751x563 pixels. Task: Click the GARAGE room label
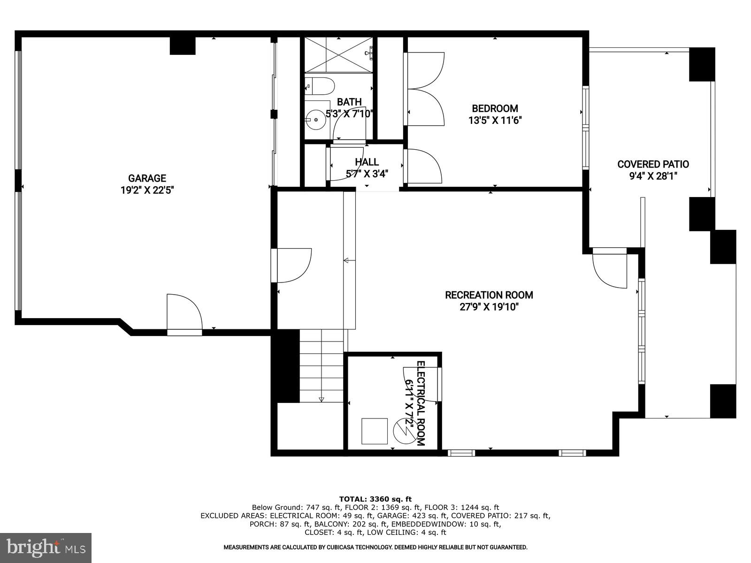click(x=147, y=178)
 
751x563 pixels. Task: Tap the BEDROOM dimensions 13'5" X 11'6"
click(x=495, y=121)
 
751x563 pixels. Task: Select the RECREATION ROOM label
click(x=489, y=295)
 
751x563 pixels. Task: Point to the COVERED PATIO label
click(x=652, y=164)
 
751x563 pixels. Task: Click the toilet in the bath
click(x=322, y=86)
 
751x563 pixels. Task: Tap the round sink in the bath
click(x=316, y=120)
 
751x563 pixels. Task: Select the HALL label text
click(x=367, y=162)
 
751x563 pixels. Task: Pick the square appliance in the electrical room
click(x=374, y=431)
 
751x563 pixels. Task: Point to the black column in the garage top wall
click(x=182, y=46)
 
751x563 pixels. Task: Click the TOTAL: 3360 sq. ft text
click(x=375, y=499)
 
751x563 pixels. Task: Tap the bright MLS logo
click(x=46, y=548)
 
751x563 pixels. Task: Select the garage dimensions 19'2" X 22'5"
click(x=147, y=190)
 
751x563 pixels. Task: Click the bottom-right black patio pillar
click(x=722, y=401)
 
